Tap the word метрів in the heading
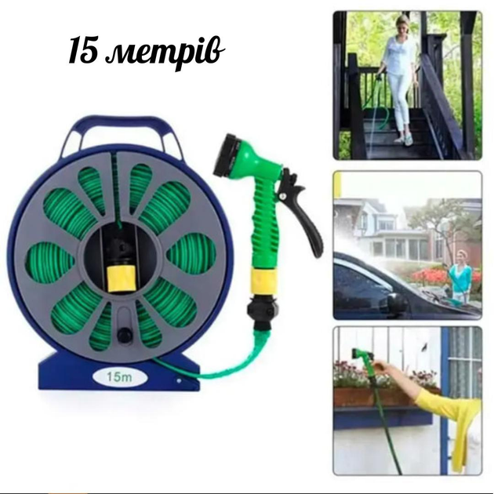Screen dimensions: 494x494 click(165, 53)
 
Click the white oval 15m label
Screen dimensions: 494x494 click(119, 377)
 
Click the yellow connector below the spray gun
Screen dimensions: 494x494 click(264, 281)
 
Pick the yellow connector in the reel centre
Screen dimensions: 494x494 click(122, 278)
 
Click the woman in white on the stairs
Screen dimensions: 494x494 click(398, 79)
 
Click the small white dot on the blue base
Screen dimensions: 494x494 click(179, 380)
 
